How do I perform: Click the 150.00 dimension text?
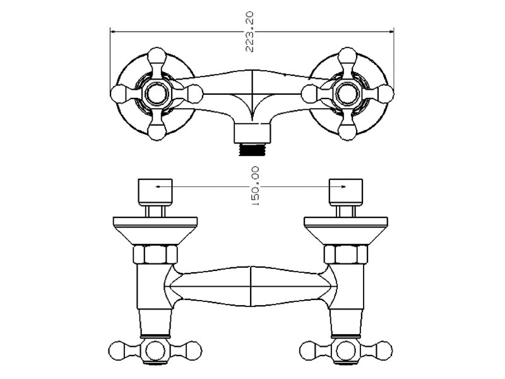256,186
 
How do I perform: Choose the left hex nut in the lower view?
155,255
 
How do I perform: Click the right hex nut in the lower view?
345,255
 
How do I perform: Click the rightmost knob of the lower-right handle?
383,349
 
